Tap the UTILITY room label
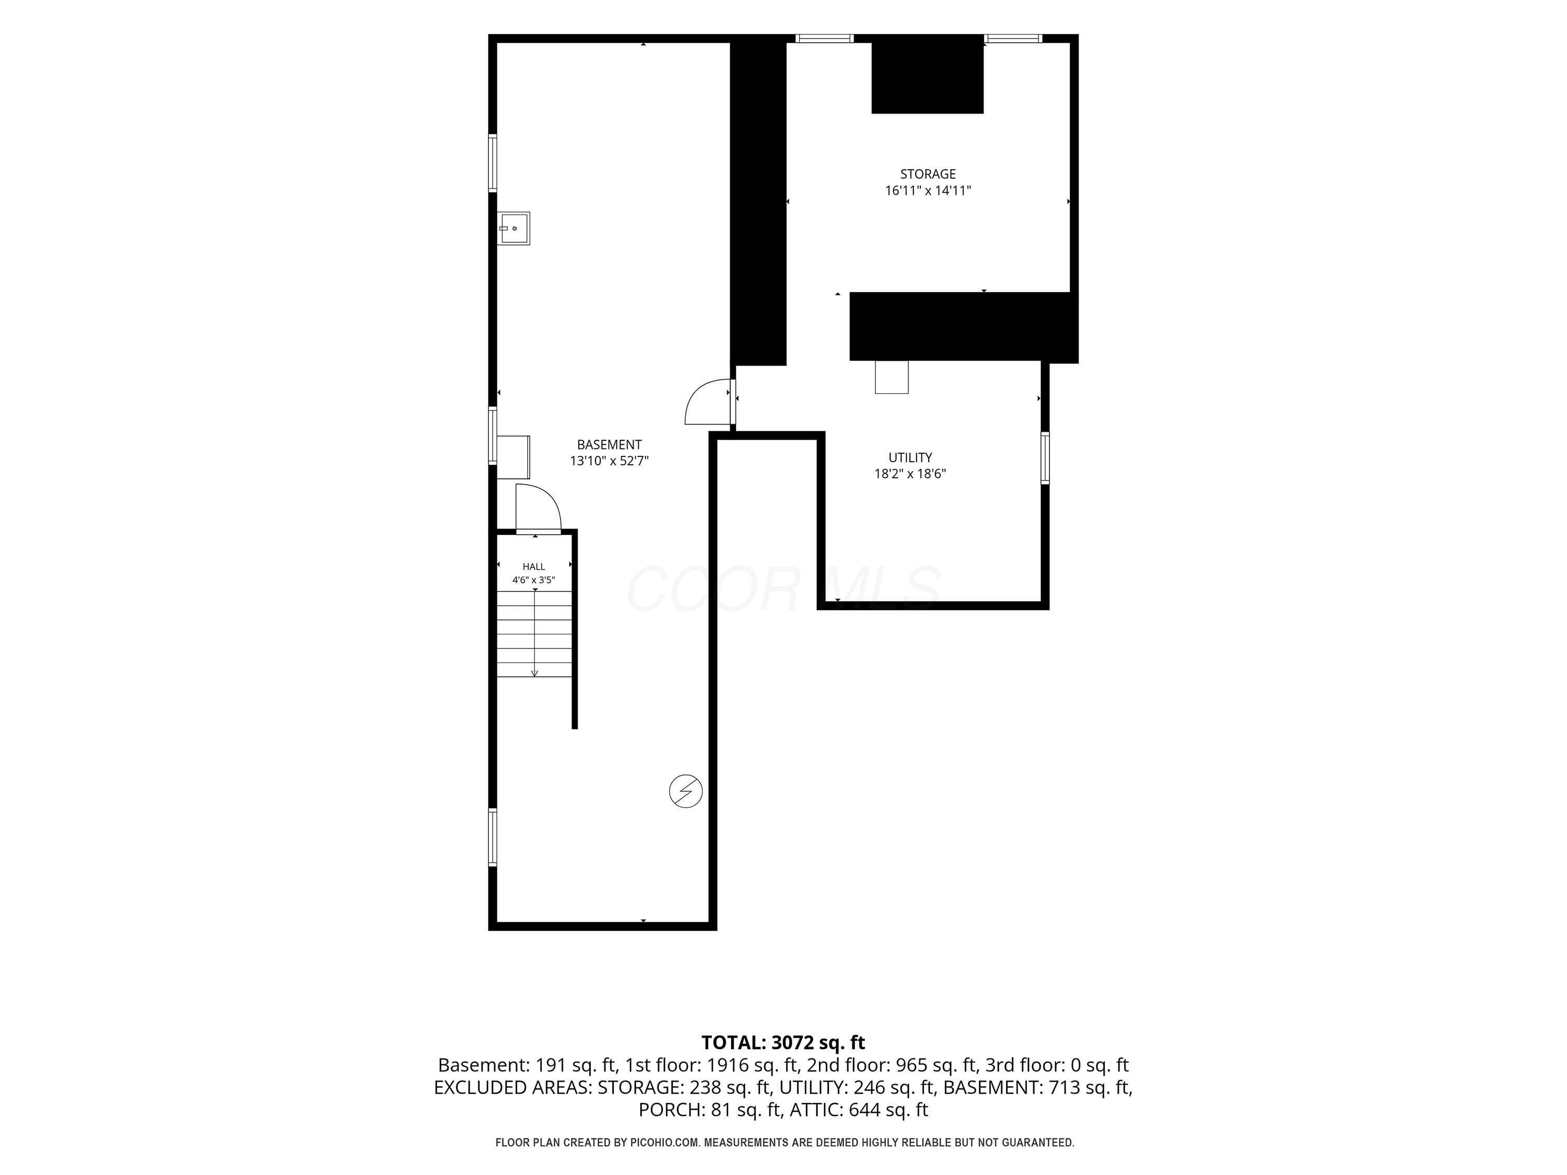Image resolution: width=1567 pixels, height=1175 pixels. (x=910, y=457)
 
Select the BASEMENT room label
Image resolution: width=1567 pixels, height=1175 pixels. (x=609, y=445)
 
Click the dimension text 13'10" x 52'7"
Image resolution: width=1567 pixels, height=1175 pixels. (x=609, y=461)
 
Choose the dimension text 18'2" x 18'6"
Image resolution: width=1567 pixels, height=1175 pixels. (x=910, y=474)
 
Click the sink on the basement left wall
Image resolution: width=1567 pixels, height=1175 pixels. (x=513, y=228)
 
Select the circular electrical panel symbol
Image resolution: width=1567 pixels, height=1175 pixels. (x=686, y=791)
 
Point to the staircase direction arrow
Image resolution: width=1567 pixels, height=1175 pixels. (x=534, y=632)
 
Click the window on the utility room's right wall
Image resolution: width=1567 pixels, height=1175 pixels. (x=1045, y=457)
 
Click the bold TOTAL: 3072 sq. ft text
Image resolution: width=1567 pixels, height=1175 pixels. (x=783, y=1042)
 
